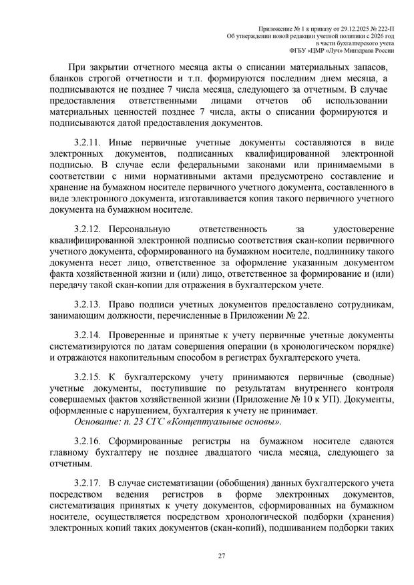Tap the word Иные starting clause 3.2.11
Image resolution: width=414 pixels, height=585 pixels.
tap(120, 143)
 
